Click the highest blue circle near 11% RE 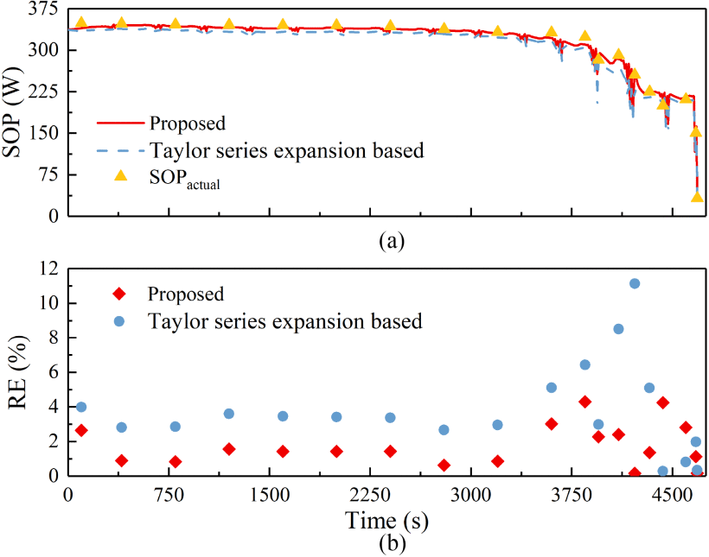635,283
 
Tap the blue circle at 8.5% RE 619,329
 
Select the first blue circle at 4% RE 81,407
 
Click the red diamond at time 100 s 81,430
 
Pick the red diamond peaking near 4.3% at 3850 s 585,402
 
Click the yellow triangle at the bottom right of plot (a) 697,197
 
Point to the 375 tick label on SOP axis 42,9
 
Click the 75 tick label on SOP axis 46,174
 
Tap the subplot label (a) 391,241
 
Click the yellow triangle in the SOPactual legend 121,177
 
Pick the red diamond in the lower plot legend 121,294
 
